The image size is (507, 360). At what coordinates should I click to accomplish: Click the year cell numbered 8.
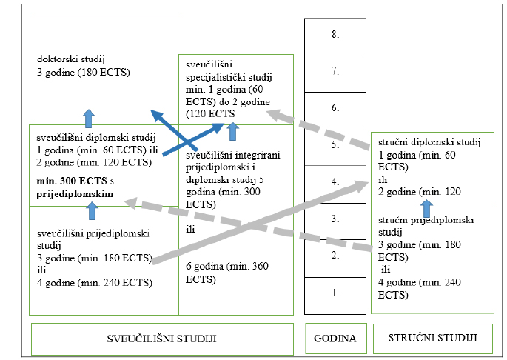point(335,35)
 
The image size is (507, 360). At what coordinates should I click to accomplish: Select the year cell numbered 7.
point(335,71)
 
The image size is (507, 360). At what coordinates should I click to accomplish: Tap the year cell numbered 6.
point(335,108)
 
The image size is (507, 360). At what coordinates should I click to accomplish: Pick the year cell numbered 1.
point(335,293)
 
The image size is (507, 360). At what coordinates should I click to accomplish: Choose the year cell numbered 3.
point(335,219)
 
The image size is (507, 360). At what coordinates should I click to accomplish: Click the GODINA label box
point(335,339)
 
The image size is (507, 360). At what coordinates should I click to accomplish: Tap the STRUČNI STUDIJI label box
point(432,339)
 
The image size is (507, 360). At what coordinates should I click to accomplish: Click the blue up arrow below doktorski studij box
point(89,116)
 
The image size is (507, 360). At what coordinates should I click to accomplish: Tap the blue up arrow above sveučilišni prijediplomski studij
point(93,210)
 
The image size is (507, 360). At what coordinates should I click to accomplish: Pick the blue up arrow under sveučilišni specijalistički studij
point(233,132)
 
